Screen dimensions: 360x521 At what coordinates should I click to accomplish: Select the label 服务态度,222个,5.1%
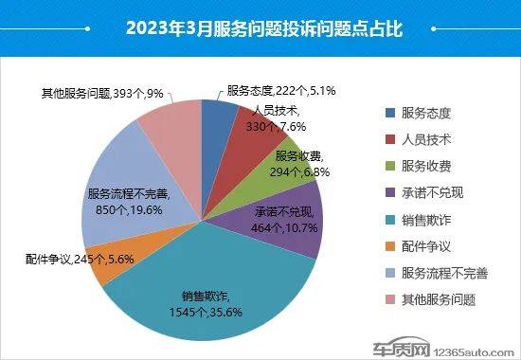(x=282, y=91)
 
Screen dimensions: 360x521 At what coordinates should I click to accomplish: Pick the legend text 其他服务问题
(x=439, y=299)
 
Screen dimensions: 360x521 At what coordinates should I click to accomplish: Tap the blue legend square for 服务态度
(x=389, y=112)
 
